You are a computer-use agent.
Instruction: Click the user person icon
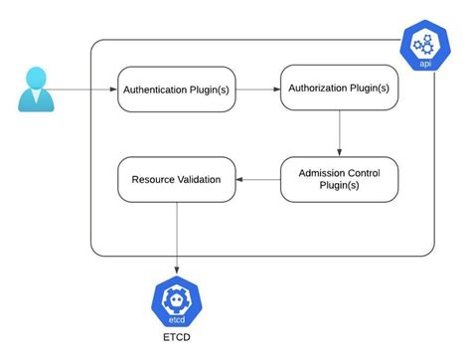37,89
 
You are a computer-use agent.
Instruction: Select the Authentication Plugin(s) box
175,90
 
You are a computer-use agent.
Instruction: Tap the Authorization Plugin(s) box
339,88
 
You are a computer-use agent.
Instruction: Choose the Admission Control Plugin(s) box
339,179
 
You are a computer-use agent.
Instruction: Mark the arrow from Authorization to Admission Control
340,132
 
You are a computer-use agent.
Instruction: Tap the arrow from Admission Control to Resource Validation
258,180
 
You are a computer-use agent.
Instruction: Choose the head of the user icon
37,77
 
